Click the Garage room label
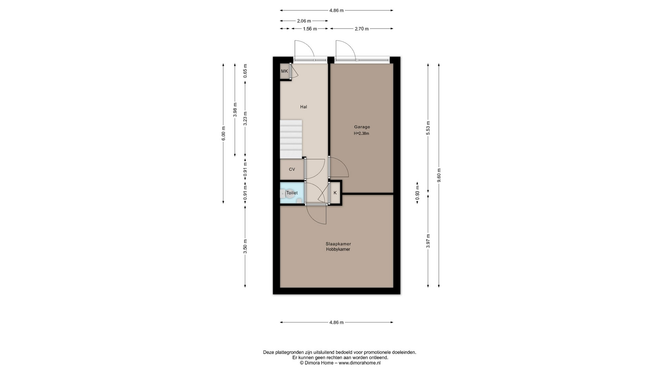click(x=362, y=127)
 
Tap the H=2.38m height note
click(x=361, y=133)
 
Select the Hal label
click(x=303, y=107)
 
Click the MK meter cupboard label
click(x=284, y=71)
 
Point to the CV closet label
click(x=292, y=169)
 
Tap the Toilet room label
click(x=292, y=193)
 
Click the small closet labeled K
click(x=335, y=193)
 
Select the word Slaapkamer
click(x=338, y=244)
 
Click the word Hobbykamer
click(x=338, y=249)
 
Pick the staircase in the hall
click(x=291, y=139)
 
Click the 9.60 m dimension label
click(x=439, y=175)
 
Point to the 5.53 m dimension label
click(x=428, y=128)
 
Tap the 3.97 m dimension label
click(x=428, y=241)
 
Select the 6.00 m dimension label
click(x=223, y=134)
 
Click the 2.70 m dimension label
click(x=362, y=29)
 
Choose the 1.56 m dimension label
click(x=310, y=29)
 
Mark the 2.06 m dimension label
click(x=304, y=21)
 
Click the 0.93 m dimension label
click(x=417, y=193)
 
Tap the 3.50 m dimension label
click(x=245, y=247)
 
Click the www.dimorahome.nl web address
click(x=360, y=363)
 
